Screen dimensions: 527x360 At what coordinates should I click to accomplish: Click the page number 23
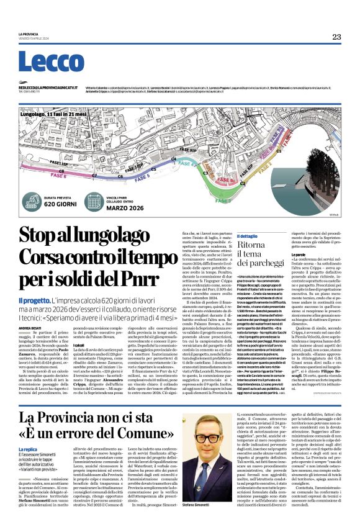coord(336,37)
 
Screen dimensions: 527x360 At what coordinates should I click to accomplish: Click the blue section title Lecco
coord(51,61)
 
